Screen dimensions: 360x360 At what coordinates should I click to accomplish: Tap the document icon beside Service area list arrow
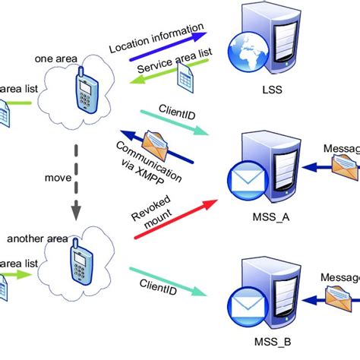[186, 76]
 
